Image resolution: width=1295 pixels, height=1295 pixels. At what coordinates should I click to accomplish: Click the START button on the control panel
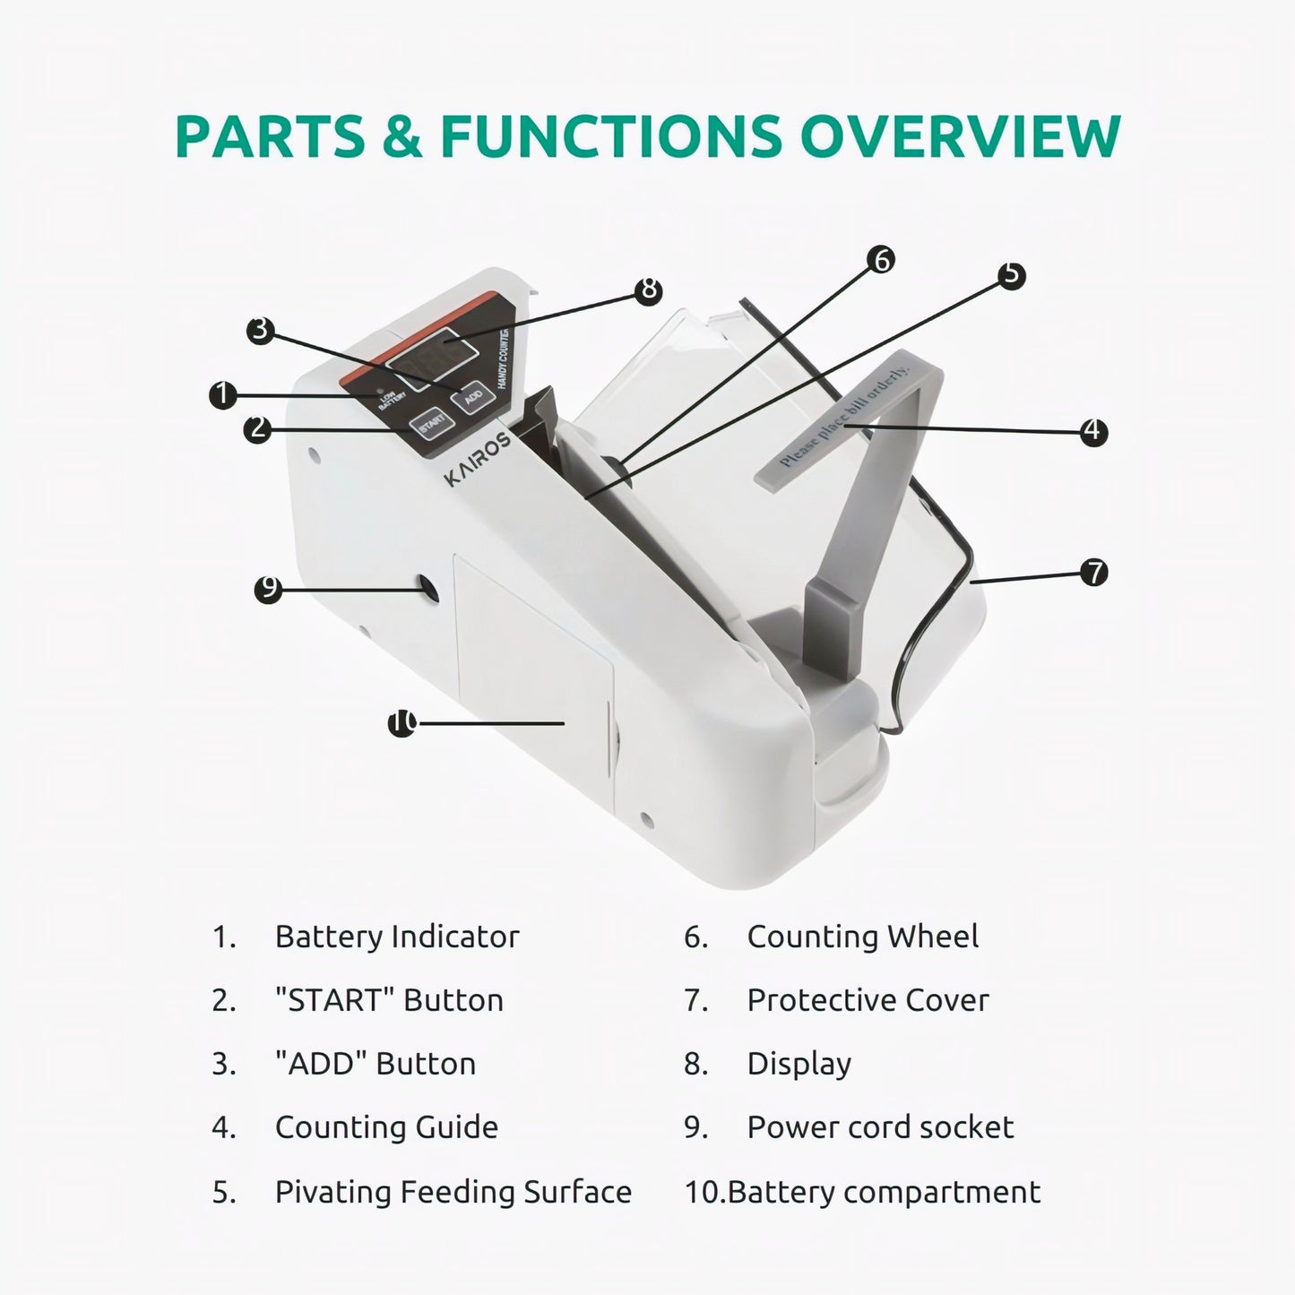pyautogui.click(x=431, y=423)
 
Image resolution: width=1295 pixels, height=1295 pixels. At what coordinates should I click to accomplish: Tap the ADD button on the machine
pyautogui.click(x=473, y=394)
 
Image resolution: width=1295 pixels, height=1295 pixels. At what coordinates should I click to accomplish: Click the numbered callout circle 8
pyautogui.click(x=649, y=290)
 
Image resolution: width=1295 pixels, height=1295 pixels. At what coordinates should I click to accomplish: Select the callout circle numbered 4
pyautogui.click(x=1093, y=431)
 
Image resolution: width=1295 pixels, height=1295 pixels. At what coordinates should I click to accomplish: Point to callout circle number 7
pyautogui.click(x=1094, y=572)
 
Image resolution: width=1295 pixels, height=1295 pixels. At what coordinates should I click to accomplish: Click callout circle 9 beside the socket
pyautogui.click(x=269, y=589)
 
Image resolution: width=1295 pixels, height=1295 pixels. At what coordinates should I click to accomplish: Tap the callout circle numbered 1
pyautogui.click(x=223, y=395)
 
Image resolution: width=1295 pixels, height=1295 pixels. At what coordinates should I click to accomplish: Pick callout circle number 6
pyautogui.click(x=880, y=259)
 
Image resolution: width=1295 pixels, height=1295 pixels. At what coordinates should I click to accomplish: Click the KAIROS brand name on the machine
pyautogui.click(x=478, y=459)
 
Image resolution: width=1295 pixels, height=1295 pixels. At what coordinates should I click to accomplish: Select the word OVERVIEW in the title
pyautogui.click(x=961, y=135)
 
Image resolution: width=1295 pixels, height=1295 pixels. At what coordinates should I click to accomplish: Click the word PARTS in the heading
pyautogui.click(x=270, y=135)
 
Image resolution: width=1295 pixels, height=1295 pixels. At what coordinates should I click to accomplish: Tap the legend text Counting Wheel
pyautogui.click(x=863, y=937)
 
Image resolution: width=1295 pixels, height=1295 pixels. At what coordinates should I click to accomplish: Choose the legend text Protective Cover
pyautogui.click(x=868, y=1000)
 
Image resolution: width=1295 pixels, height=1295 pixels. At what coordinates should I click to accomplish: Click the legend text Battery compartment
pyautogui.click(x=884, y=1192)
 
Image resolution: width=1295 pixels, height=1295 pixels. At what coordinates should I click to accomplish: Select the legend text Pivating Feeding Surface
pyautogui.click(x=453, y=1192)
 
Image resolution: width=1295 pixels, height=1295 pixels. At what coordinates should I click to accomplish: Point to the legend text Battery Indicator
pyautogui.click(x=397, y=937)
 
